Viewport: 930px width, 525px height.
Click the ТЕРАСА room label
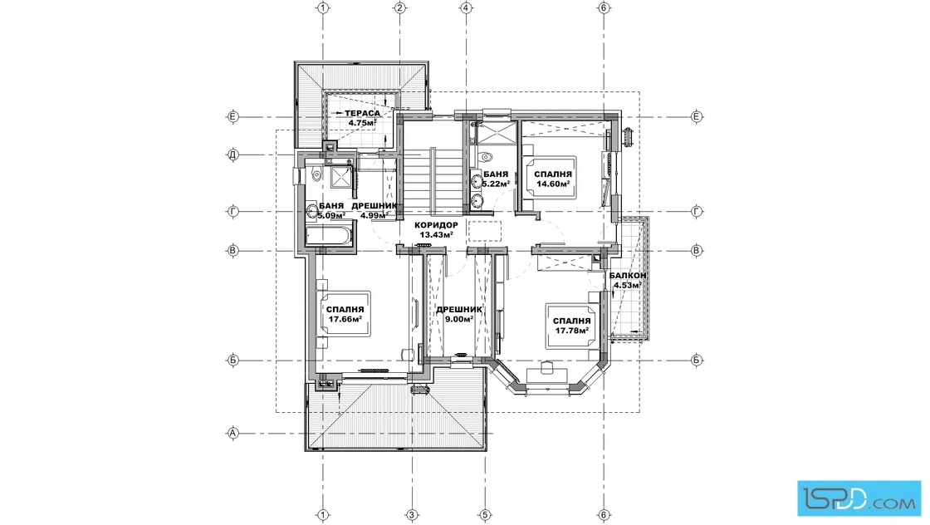(x=362, y=113)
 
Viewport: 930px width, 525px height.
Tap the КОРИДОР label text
(x=436, y=225)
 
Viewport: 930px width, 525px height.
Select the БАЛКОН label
(x=628, y=276)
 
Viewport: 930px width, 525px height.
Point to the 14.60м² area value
(x=553, y=184)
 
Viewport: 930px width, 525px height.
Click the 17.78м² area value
(x=572, y=331)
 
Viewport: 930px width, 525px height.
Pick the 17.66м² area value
(x=345, y=319)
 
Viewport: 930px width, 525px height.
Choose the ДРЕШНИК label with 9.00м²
(x=459, y=310)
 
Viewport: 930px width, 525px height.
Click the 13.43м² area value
(x=437, y=235)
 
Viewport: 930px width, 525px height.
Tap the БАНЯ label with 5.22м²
(x=496, y=174)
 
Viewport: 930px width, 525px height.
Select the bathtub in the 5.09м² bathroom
(x=330, y=233)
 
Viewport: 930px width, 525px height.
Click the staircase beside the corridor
(x=431, y=181)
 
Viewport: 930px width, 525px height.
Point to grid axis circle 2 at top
(x=399, y=7)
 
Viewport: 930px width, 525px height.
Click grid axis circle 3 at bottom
(x=410, y=515)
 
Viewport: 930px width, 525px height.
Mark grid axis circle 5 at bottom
(x=485, y=515)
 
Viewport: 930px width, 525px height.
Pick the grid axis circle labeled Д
(x=233, y=155)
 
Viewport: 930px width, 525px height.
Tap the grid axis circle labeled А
(x=233, y=434)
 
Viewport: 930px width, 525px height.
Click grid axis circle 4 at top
(x=466, y=7)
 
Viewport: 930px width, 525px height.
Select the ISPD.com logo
(x=859, y=498)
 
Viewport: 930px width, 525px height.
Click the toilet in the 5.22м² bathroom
(x=486, y=157)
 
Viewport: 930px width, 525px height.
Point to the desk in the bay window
(x=547, y=368)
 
